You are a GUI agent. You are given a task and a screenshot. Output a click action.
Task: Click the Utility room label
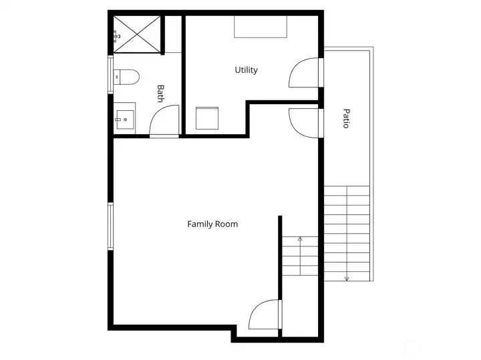click(246, 70)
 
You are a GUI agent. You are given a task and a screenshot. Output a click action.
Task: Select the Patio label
click(346, 118)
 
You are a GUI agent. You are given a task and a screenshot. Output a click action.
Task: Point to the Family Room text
click(212, 224)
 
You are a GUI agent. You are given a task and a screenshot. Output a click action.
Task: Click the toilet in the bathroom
click(126, 77)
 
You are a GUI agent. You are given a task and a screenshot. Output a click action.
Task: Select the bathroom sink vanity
click(124, 120)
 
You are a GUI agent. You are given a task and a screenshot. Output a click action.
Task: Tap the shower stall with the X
click(137, 34)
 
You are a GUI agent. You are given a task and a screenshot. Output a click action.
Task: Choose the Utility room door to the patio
click(305, 73)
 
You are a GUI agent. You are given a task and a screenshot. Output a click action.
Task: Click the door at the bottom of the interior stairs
click(265, 315)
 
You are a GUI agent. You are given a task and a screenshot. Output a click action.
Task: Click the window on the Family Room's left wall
click(110, 225)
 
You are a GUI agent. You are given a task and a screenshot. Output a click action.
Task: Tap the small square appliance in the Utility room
click(208, 118)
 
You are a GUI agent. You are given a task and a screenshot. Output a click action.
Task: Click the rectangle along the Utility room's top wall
click(260, 27)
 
